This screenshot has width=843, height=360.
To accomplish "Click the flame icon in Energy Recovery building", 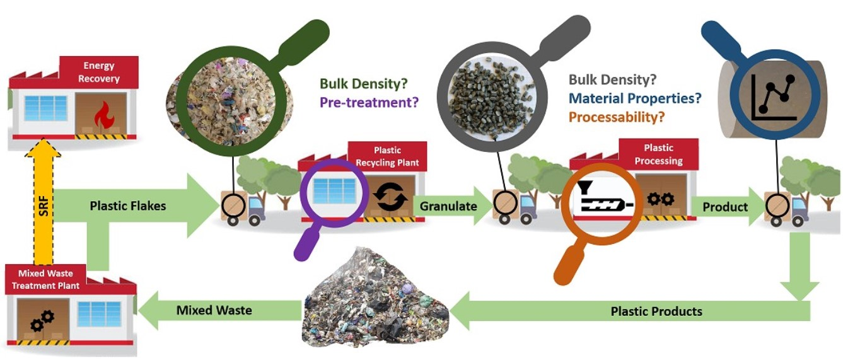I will click(x=101, y=115).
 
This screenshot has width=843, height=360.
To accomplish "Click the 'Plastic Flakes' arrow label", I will click(x=128, y=206).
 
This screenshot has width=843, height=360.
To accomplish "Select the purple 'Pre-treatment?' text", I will click(x=369, y=101).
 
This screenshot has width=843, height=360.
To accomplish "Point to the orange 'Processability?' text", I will click(x=617, y=117).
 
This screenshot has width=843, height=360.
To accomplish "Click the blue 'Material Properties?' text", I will click(x=635, y=98).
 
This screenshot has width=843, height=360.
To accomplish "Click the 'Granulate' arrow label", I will click(x=447, y=206).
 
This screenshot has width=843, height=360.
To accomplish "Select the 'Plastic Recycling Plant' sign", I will click(x=387, y=156).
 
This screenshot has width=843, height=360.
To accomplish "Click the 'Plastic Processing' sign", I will click(x=658, y=154).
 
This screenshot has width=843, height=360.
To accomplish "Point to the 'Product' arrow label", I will click(x=725, y=207).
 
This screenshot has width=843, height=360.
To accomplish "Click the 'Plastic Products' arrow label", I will click(x=656, y=311).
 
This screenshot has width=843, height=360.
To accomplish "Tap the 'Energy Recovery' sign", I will click(x=99, y=72).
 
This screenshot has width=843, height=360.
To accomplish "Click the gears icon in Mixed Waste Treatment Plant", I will click(x=42, y=320).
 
